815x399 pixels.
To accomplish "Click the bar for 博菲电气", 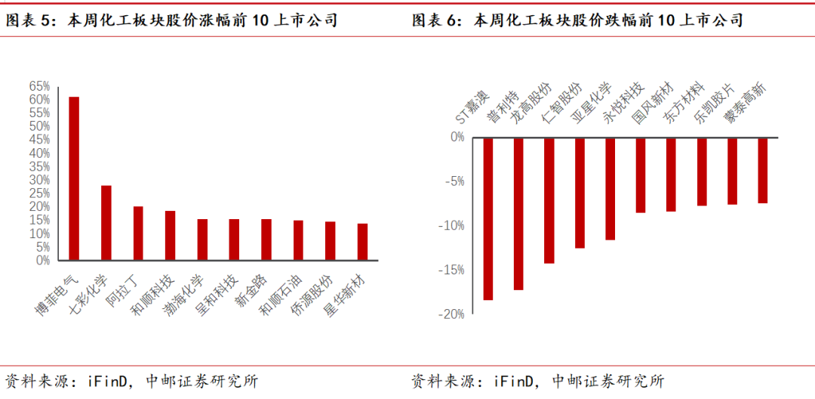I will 74,178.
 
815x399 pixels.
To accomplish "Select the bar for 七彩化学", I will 106,223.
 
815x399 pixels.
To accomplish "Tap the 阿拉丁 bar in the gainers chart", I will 138,234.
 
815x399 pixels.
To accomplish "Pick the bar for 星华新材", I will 362,242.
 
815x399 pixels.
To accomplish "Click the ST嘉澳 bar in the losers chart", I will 488,219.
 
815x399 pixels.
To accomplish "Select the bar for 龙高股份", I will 518,214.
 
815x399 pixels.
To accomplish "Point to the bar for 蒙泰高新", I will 763,171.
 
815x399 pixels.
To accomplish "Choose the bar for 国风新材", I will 641,175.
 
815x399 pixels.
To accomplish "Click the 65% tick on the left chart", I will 39,86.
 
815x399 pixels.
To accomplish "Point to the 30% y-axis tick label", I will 39,180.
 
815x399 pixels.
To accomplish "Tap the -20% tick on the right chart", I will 453,314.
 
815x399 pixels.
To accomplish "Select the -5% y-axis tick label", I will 455,181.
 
